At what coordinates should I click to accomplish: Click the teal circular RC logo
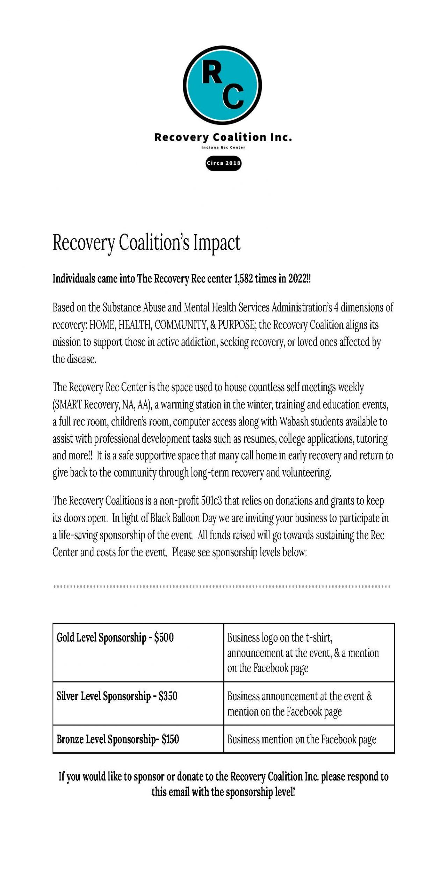tap(222, 85)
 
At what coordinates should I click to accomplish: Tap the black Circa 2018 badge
tap(223, 163)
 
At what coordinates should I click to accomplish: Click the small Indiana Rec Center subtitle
tap(223, 148)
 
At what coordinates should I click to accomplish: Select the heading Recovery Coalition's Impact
tap(146, 243)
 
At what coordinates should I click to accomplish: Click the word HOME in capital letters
tap(102, 325)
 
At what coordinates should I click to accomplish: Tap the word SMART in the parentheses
tap(68, 405)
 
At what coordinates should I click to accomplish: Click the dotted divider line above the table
tap(222, 587)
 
